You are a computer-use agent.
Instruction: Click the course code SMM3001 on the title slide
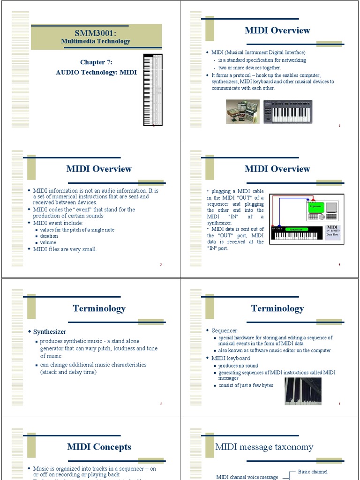[x=96, y=33]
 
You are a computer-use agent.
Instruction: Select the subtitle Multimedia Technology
[x=96, y=41]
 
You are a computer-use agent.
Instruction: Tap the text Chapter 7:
[x=96, y=62]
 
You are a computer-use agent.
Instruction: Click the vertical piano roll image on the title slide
[x=152, y=90]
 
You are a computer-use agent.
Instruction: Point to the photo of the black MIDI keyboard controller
[x=287, y=111]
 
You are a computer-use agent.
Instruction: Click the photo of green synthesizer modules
[x=242, y=112]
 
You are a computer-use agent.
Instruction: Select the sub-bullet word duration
[x=49, y=236]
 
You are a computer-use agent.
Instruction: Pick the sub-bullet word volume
[x=48, y=243]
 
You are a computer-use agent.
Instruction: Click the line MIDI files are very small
[x=65, y=249]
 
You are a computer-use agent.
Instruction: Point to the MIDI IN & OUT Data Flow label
[x=333, y=230]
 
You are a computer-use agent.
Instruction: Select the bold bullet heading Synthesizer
[x=50, y=332]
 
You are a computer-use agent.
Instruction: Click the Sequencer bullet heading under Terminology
[x=225, y=330]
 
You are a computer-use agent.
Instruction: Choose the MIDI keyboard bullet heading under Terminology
[x=231, y=358]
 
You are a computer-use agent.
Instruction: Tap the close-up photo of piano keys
[x=303, y=391]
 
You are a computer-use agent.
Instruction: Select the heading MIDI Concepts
[x=99, y=447]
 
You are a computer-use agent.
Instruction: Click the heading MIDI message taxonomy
[x=264, y=447]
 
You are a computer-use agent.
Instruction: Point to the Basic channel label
[x=313, y=472]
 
